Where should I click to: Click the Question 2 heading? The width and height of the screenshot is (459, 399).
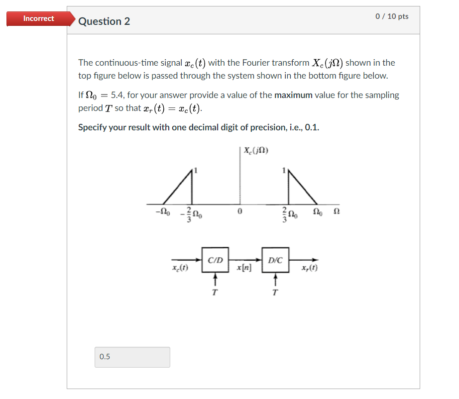(x=104, y=21)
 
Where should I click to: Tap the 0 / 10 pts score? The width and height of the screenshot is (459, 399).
(x=392, y=16)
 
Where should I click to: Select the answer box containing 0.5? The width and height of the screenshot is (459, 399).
(x=132, y=357)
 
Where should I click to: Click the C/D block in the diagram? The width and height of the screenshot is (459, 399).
(x=215, y=260)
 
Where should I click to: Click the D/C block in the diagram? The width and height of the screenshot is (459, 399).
(x=275, y=260)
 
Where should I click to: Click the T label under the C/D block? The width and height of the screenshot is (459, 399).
(x=215, y=293)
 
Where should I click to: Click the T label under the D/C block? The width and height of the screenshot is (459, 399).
(x=275, y=293)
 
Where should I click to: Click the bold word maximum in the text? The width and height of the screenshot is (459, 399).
(x=293, y=95)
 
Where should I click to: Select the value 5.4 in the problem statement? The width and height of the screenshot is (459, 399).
(x=117, y=95)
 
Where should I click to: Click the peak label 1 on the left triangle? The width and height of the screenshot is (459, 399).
(x=196, y=171)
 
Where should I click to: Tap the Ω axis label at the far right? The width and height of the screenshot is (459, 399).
(x=336, y=212)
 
